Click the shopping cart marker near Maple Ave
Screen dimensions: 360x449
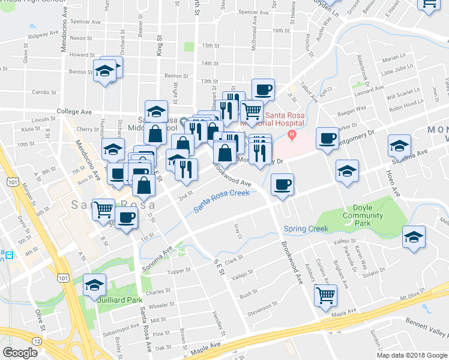pos(325,295)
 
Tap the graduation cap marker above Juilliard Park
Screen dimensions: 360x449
pos(94,284)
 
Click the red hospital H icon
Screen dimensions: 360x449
pos(292,133)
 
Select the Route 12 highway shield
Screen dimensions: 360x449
pos(37,341)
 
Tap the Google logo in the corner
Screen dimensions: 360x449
pos(20,353)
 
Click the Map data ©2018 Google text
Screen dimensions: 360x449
pos(412,355)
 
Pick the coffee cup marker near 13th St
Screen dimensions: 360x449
pos(263,89)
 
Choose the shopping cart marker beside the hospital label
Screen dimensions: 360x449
pos(252,110)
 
